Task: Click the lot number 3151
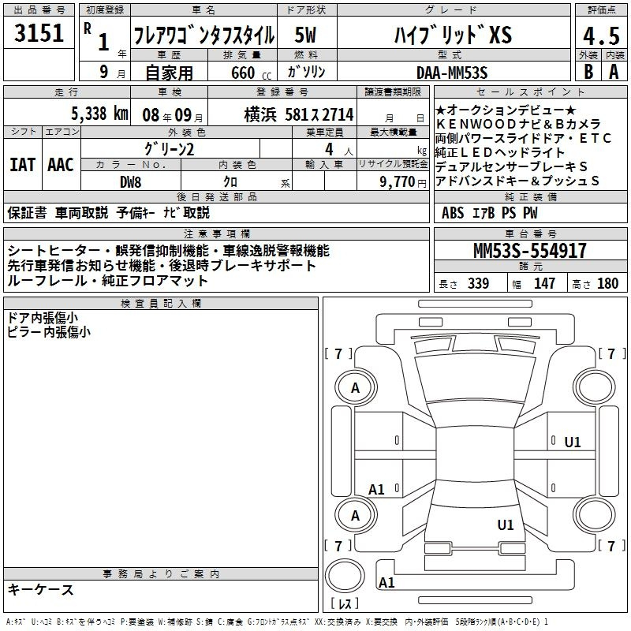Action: (39, 33)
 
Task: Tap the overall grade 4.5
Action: (601, 35)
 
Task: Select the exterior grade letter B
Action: (588, 72)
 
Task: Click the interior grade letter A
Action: (614, 72)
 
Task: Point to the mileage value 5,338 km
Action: (99, 114)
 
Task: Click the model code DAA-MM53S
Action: (452, 73)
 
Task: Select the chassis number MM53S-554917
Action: (529, 251)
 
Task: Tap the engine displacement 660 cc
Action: (251, 73)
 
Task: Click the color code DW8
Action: (130, 182)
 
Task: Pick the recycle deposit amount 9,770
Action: (398, 181)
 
